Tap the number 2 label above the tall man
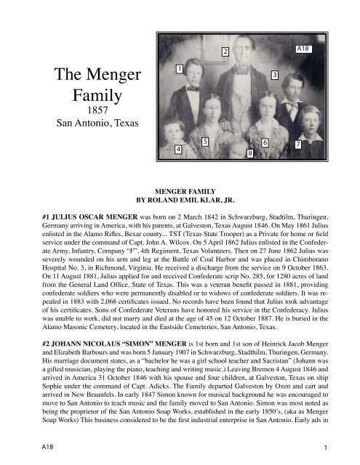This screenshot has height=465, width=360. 225,52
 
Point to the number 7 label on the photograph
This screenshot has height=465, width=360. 297,145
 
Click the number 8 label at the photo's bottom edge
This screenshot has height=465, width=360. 250,153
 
